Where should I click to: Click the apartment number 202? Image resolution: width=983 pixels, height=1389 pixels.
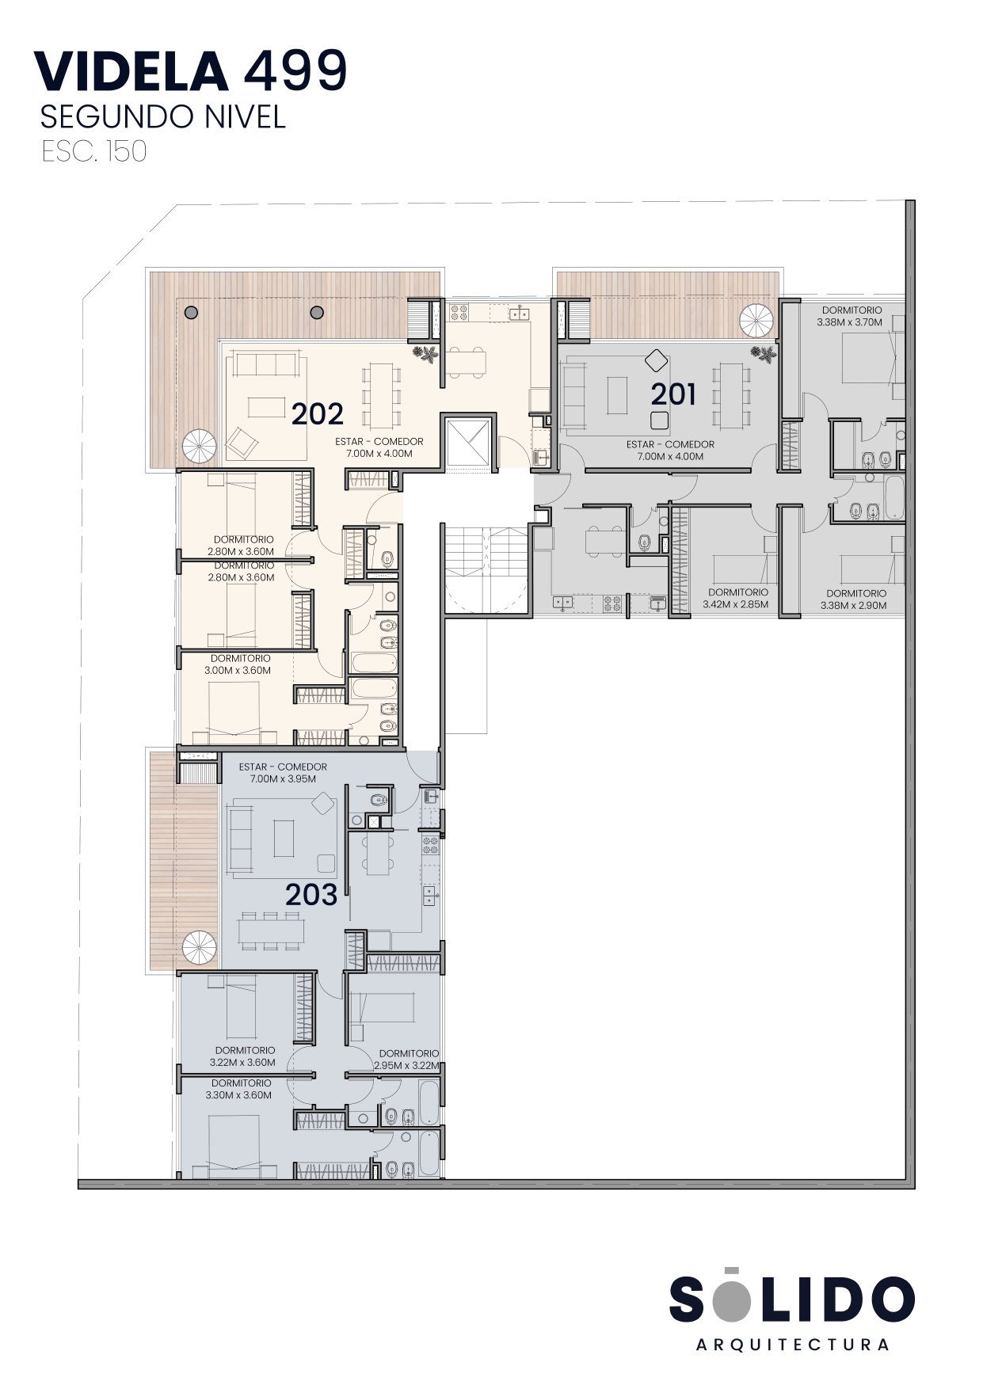(317, 413)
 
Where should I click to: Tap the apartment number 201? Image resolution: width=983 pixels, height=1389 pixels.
(673, 394)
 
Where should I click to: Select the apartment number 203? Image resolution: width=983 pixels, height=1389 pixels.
(311, 895)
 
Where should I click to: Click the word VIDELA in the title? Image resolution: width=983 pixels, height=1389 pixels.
(131, 70)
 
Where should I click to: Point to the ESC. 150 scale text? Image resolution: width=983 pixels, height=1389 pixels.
(94, 151)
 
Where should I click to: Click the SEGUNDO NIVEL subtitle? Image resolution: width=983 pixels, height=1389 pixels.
(162, 116)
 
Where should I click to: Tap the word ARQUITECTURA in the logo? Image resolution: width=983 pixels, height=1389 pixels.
(792, 1345)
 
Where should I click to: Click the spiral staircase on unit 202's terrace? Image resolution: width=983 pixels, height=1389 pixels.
(199, 447)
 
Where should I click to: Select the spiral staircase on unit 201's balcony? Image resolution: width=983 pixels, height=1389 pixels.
(756, 321)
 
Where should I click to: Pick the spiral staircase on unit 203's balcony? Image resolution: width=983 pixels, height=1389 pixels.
(199, 949)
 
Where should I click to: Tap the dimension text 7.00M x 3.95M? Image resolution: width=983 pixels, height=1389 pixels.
(283, 778)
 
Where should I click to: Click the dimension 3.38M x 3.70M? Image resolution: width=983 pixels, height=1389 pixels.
(849, 322)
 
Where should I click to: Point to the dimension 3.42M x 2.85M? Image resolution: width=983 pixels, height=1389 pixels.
(736, 604)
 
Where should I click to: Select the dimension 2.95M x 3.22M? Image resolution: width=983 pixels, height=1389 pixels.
(406, 1066)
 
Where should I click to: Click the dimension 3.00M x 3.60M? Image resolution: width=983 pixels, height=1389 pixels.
(238, 670)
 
